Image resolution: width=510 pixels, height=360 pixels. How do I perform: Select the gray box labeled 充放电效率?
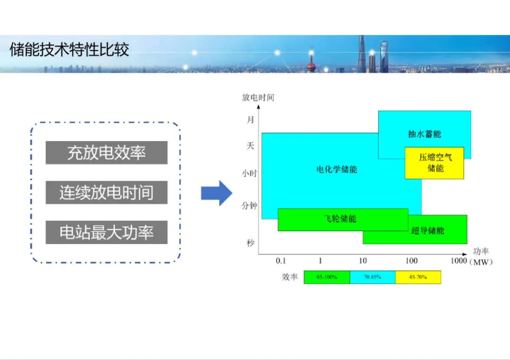click(x=106, y=153)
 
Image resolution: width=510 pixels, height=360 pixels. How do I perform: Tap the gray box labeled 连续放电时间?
click(x=106, y=193)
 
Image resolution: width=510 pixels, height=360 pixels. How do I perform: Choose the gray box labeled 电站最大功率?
click(x=106, y=232)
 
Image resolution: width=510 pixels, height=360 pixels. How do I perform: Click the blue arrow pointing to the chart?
click(x=216, y=193)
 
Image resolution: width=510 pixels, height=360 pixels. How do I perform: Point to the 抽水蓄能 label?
click(x=424, y=134)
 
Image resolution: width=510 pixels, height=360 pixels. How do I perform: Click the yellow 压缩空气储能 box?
click(x=434, y=163)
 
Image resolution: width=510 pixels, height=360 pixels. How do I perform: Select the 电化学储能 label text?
click(x=337, y=169)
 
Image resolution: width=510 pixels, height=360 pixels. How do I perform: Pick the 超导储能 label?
click(x=427, y=230)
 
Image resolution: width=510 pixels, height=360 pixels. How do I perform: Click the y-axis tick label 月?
click(x=250, y=120)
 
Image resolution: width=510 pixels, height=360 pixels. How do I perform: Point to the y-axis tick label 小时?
click(x=249, y=173)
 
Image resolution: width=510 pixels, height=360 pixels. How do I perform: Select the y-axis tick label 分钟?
click(x=249, y=206)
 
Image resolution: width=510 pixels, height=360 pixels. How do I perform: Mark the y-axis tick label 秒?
click(x=250, y=243)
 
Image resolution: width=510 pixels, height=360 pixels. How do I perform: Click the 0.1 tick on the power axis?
click(x=281, y=261)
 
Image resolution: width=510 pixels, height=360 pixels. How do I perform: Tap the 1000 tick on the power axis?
click(x=459, y=261)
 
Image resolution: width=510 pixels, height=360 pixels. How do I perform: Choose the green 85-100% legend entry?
click(x=327, y=277)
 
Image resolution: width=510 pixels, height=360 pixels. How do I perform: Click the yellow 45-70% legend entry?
click(x=418, y=277)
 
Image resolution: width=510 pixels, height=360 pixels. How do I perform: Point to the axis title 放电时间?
click(x=258, y=98)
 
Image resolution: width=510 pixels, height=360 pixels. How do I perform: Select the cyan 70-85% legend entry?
click(x=373, y=277)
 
